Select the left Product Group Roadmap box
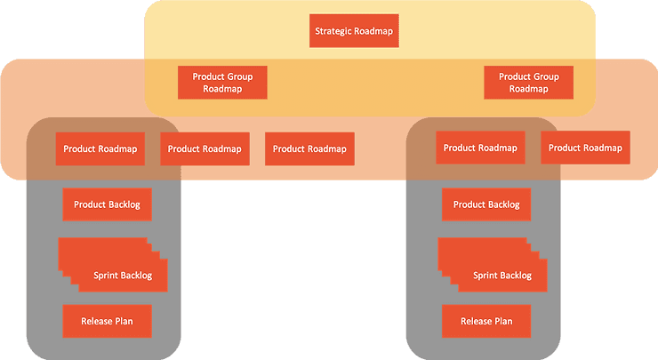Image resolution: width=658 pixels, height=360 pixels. pos(222,83)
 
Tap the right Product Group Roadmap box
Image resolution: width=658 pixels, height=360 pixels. pos(529,83)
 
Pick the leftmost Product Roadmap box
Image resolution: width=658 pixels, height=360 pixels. pos(100,148)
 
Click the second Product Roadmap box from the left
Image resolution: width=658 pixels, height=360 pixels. pos(204,148)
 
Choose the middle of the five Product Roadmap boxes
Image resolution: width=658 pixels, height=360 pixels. pos(309,148)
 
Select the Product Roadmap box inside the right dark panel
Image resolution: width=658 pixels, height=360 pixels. pos(480,148)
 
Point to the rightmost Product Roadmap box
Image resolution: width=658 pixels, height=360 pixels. pos(585,148)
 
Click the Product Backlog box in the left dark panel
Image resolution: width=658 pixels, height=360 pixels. pos(107,204)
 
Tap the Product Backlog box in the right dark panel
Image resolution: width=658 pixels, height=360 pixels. pos(486,204)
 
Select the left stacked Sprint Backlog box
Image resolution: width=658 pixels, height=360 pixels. pos(121,275)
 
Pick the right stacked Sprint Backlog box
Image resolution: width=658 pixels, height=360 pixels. pos(501,275)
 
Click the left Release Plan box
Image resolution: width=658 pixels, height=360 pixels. pos(107,320)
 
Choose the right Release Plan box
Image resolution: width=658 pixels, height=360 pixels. pos(486,320)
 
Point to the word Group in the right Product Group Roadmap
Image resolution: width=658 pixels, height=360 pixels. pos(545,76)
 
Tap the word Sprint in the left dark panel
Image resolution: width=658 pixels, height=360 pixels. pos(106,276)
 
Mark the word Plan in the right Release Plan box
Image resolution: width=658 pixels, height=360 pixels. pos(503,320)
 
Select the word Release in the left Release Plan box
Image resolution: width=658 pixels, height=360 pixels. pos(96,320)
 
